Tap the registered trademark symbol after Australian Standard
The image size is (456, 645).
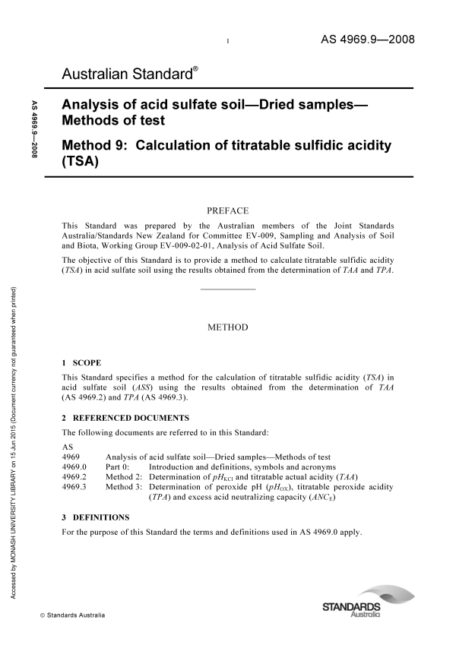195,68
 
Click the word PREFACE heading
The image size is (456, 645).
228,210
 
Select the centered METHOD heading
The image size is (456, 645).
228,327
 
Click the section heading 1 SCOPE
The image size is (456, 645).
81,363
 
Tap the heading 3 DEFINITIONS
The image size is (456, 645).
96,517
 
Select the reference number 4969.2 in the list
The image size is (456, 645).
74,476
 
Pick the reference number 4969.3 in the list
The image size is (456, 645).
74,487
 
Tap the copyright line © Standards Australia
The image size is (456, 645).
73,615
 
